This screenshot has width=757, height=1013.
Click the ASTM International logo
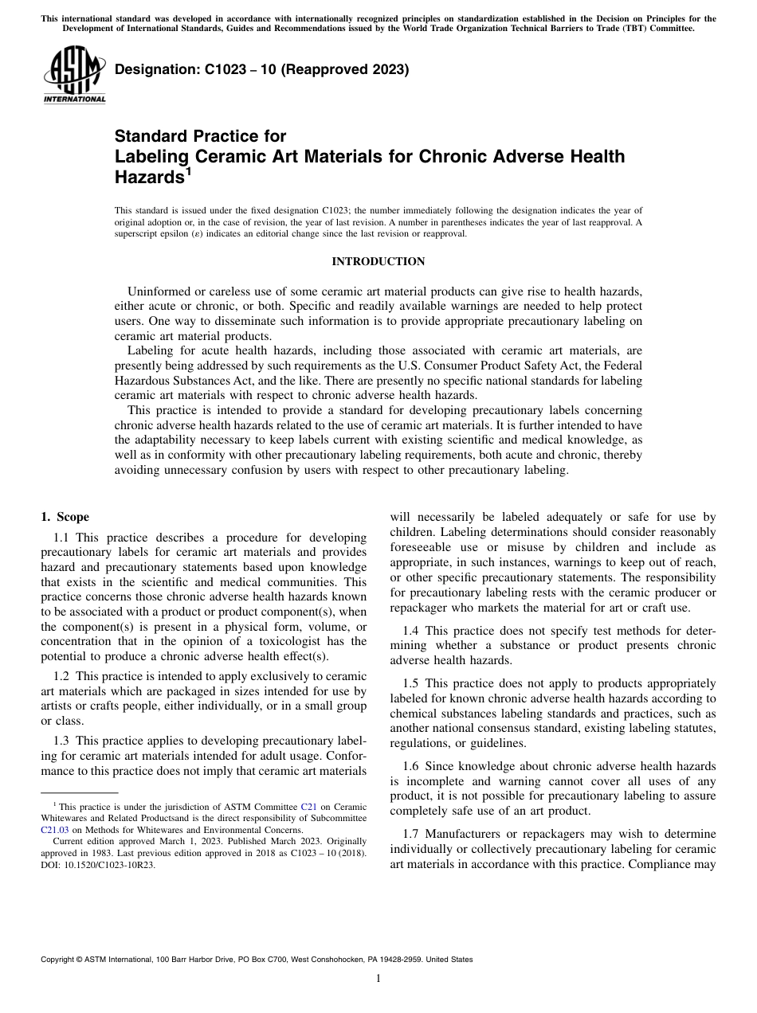pos(73,76)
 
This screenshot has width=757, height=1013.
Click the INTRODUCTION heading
pos(378,262)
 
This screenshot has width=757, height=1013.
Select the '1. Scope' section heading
pos(65,517)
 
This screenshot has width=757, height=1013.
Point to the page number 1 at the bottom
pos(378,979)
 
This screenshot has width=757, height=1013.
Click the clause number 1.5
pos(410,683)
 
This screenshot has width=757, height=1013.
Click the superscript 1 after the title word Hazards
pos(188,170)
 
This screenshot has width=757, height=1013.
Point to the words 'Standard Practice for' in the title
pos(200,136)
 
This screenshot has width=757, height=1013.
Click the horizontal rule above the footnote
pos(79,793)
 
